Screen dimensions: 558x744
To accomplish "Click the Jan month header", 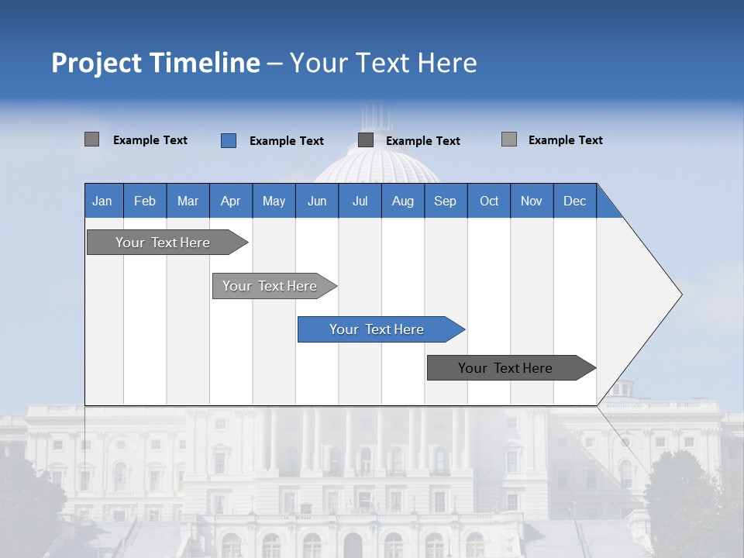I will [x=102, y=201].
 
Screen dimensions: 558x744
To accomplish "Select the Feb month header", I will [x=145, y=201].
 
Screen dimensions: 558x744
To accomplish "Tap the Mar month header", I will [x=188, y=201].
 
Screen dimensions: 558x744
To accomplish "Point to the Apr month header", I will [x=230, y=201].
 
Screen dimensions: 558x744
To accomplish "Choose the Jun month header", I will [x=316, y=201].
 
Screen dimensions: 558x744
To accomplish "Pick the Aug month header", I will [x=402, y=201].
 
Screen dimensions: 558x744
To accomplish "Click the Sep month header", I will [x=445, y=201].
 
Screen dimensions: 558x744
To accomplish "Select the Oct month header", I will [x=488, y=201].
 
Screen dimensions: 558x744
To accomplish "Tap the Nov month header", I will [x=531, y=201].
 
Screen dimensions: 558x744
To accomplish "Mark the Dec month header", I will [x=574, y=201].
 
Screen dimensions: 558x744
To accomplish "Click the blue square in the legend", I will [x=229, y=140].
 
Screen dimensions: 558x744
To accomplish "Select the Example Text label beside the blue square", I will [x=286, y=141].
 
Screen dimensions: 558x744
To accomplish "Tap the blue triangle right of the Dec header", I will [x=606, y=208].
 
